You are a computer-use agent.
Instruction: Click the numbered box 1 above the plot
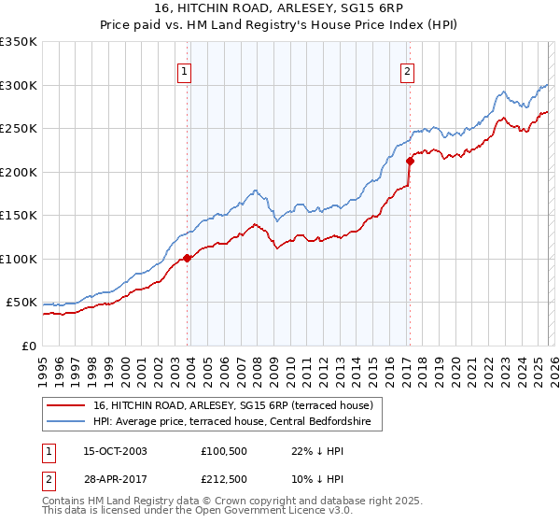(184, 71)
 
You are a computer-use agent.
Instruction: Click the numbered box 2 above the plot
(408, 71)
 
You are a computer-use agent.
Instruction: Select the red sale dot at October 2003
(188, 259)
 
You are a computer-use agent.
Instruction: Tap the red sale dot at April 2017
(409, 161)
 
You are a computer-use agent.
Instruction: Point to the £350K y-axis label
(19, 42)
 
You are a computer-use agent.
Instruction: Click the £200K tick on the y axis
(19, 172)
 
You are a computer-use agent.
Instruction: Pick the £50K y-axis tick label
(22, 303)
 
